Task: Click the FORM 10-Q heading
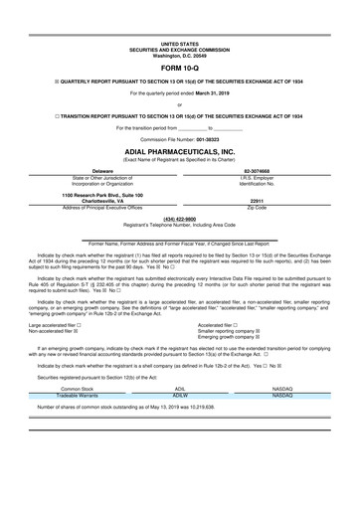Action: (179, 70)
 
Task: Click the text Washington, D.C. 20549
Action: (179, 55)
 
